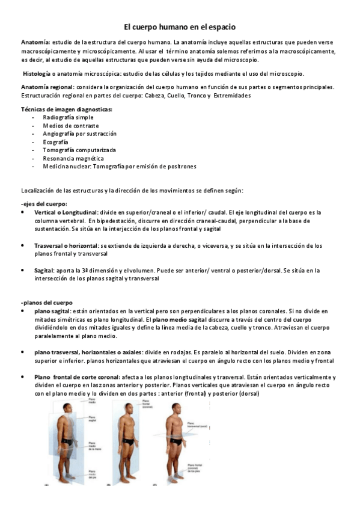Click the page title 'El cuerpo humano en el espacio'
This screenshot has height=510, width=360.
pos(180,27)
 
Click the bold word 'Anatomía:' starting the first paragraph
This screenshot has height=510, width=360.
pos(35,43)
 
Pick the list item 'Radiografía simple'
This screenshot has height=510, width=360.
pos(68,117)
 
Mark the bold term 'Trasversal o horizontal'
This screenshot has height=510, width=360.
pos(67,246)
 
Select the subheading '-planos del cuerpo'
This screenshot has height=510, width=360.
pos(47,303)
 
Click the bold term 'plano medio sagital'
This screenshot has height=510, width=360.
pos(180,319)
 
